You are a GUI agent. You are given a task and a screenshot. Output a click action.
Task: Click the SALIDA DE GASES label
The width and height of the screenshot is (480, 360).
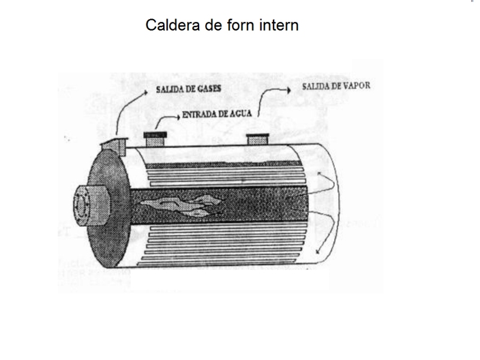188,89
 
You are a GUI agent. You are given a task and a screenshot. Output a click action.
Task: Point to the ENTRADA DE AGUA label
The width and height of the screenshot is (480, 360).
217,114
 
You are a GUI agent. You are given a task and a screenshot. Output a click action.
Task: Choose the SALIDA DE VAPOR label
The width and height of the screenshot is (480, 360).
336,86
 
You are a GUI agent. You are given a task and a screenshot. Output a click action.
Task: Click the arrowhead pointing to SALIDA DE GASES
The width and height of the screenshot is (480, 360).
145,92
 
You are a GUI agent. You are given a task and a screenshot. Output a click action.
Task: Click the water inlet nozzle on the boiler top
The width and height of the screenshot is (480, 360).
155,139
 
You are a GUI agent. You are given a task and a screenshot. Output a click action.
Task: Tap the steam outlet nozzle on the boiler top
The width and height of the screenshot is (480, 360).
258,139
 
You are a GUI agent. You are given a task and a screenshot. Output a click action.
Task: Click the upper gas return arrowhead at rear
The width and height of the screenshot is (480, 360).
319,174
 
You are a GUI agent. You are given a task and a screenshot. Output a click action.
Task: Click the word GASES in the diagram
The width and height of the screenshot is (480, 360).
209,89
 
